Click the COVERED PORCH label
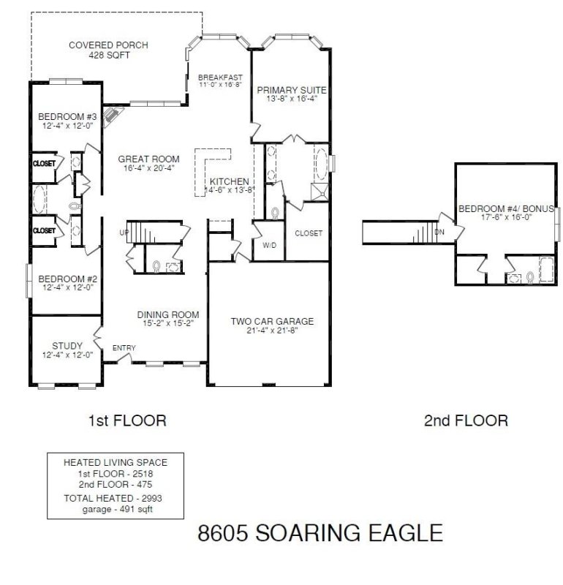pyautogui.click(x=108, y=45)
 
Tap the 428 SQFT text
pyautogui.click(x=108, y=55)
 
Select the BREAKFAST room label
pyautogui.click(x=220, y=77)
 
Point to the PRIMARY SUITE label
pyautogui.click(x=291, y=91)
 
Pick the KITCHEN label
pyautogui.click(x=230, y=181)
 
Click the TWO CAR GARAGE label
pyautogui.click(x=272, y=321)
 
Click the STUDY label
pyautogui.click(x=67, y=346)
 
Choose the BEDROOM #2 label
pyautogui.click(x=63, y=278)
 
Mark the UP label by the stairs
pyautogui.click(x=124, y=233)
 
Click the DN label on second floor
pyautogui.click(x=439, y=232)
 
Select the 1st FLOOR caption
pyautogui.click(x=127, y=420)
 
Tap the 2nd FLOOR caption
pyautogui.click(x=466, y=420)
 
